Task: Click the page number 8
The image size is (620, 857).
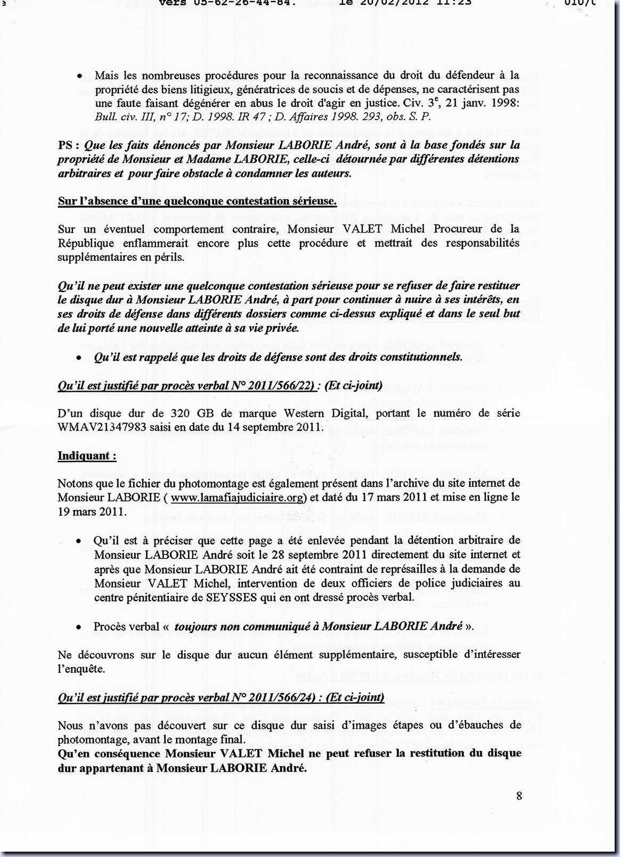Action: (519, 796)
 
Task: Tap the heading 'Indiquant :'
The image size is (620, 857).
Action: (87, 456)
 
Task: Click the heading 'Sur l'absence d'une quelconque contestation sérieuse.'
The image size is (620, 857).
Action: (197, 201)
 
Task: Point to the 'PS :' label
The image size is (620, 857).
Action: (69, 145)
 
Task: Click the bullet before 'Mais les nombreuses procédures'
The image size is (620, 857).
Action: (79, 76)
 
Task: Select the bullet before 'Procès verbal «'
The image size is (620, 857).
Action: (79, 627)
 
